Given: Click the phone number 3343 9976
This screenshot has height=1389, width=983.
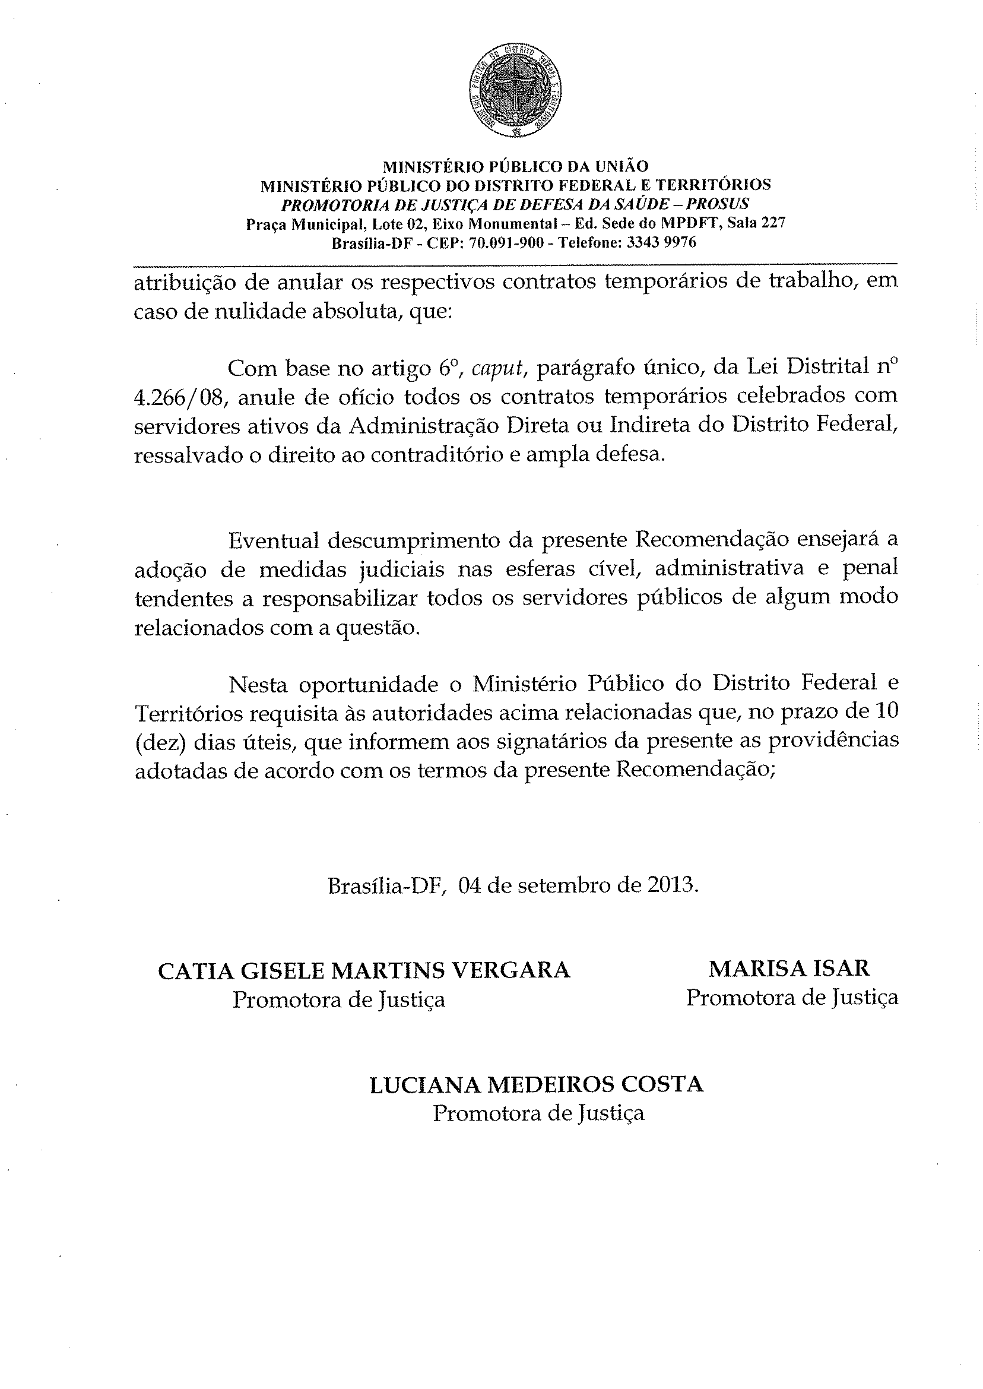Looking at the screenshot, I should coord(661,243).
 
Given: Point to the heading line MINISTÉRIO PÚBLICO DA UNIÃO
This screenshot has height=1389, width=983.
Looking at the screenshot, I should coord(516,166).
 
